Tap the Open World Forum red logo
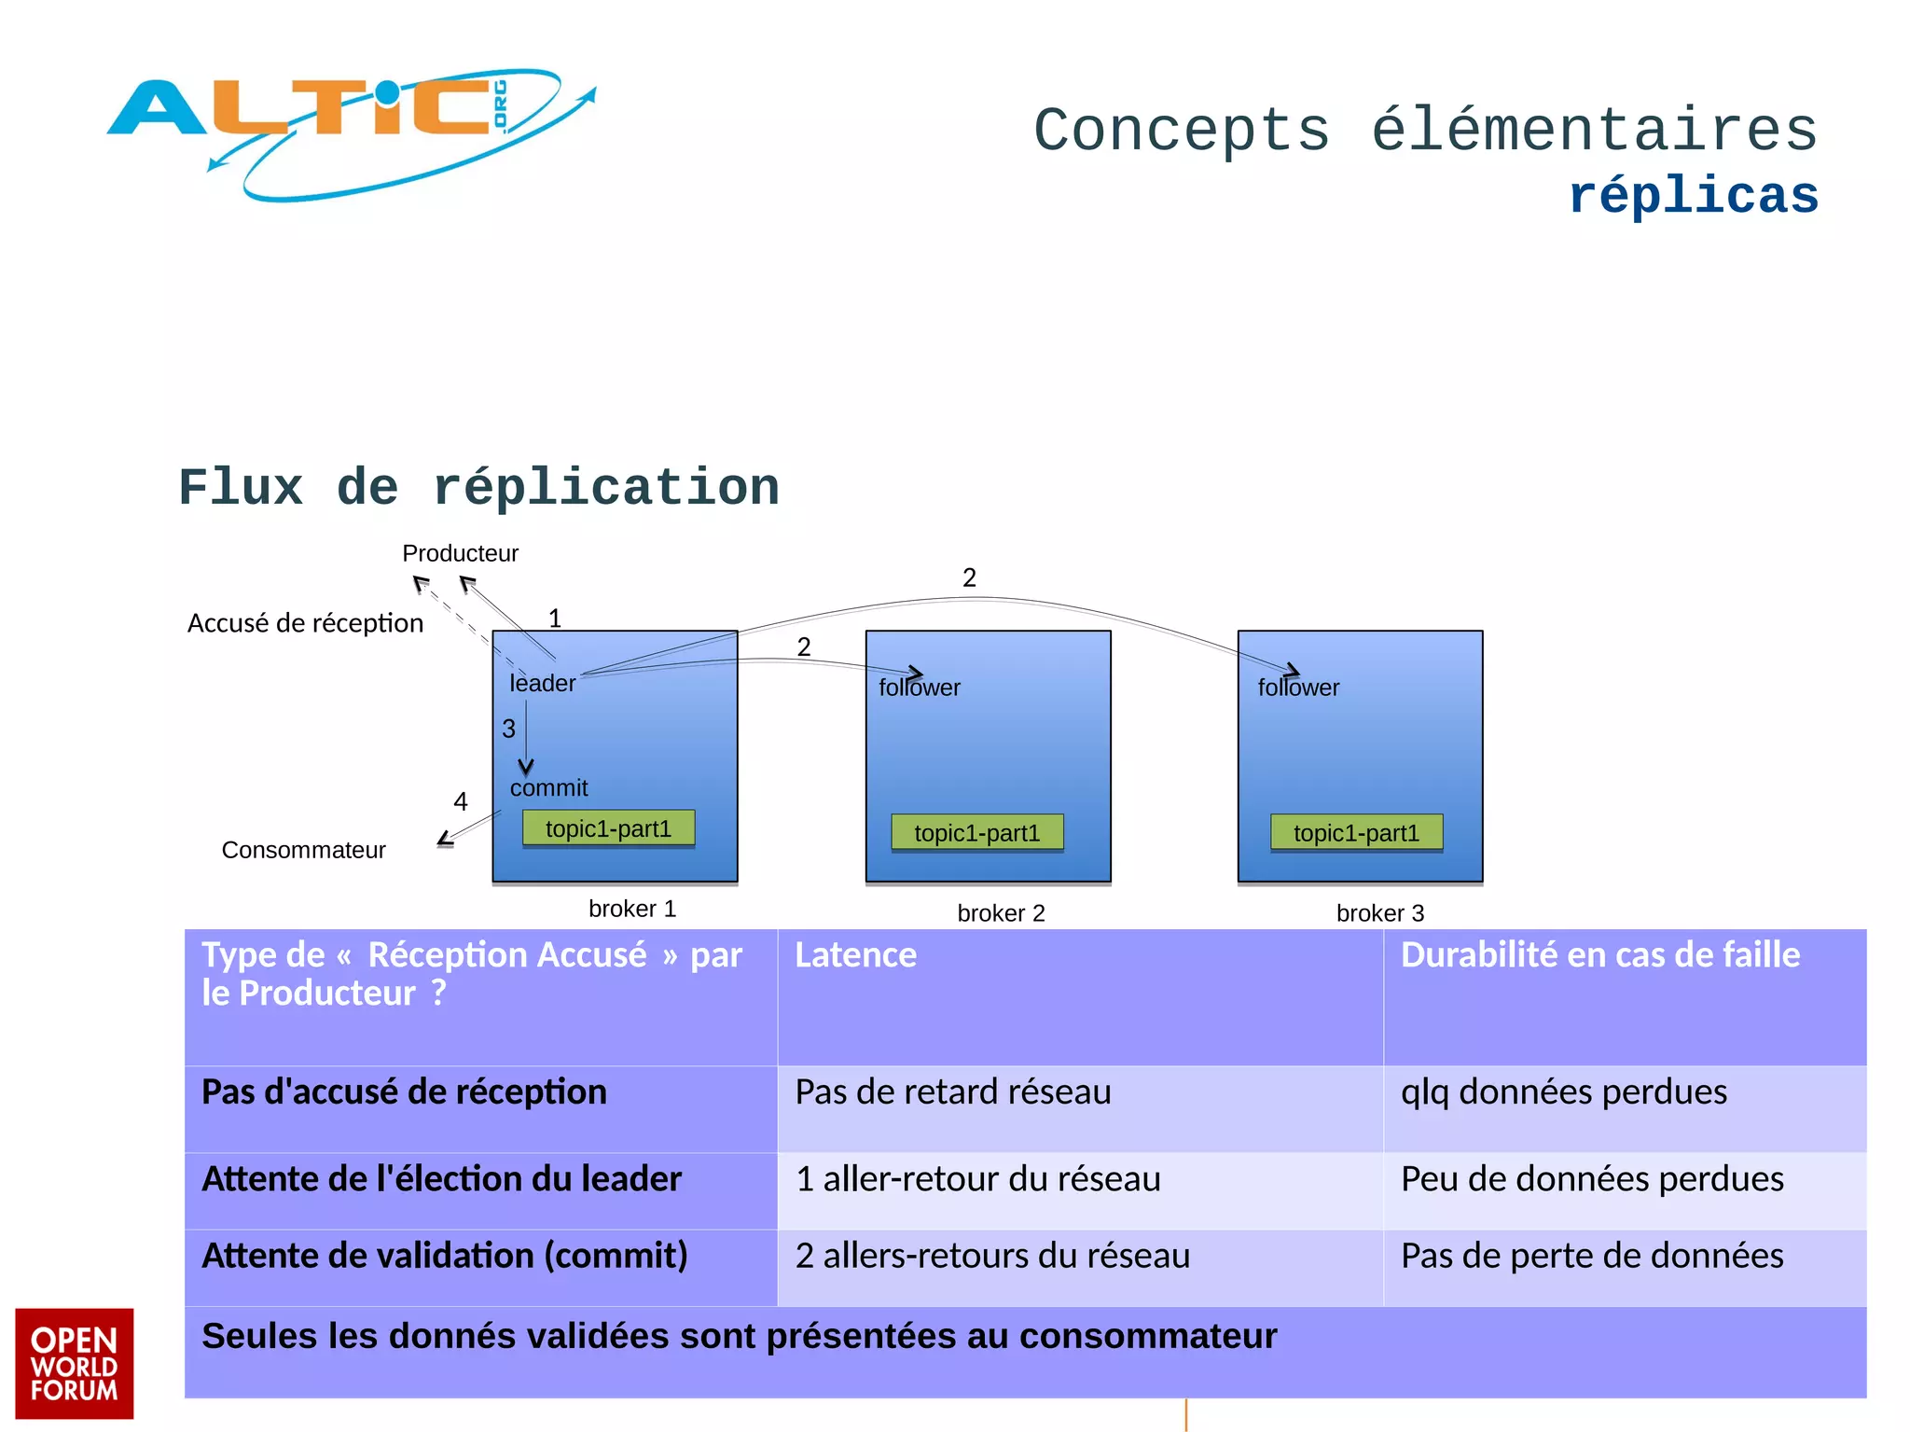(x=74, y=1363)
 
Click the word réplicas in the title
(x=1693, y=197)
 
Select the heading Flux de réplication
(x=478, y=488)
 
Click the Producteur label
(x=460, y=553)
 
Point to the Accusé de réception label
(x=305, y=623)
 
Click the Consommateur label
(x=303, y=850)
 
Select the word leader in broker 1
(x=542, y=683)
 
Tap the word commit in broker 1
(x=548, y=788)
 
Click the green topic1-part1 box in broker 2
(x=976, y=832)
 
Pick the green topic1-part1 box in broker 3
(x=1356, y=832)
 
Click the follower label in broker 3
(x=1298, y=688)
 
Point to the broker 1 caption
(x=632, y=909)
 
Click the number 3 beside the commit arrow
(x=508, y=729)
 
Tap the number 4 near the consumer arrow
(x=460, y=801)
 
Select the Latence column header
(x=855, y=955)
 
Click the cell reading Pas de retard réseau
(x=952, y=1091)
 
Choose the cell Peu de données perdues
(x=1592, y=1179)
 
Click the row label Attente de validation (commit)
(x=445, y=1256)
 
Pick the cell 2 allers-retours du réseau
(x=992, y=1256)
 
